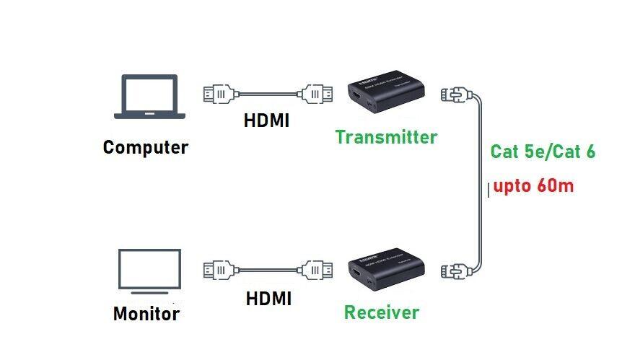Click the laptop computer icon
pyautogui.click(x=149, y=97)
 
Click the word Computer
pyautogui.click(x=146, y=148)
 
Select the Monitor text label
pyautogui.click(x=146, y=314)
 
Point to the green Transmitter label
pyautogui.click(x=386, y=137)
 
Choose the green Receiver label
pyautogui.click(x=382, y=312)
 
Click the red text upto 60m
pyautogui.click(x=533, y=186)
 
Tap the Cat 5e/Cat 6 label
pyautogui.click(x=543, y=152)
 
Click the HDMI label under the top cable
pyautogui.click(x=266, y=120)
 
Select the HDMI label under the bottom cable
pyautogui.click(x=268, y=297)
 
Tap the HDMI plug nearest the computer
pyautogui.click(x=219, y=93)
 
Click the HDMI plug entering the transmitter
pyautogui.click(x=317, y=93)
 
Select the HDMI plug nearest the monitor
pyautogui.click(x=219, y=271)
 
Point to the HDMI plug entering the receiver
pyautogui.click(x=317, y=271)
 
